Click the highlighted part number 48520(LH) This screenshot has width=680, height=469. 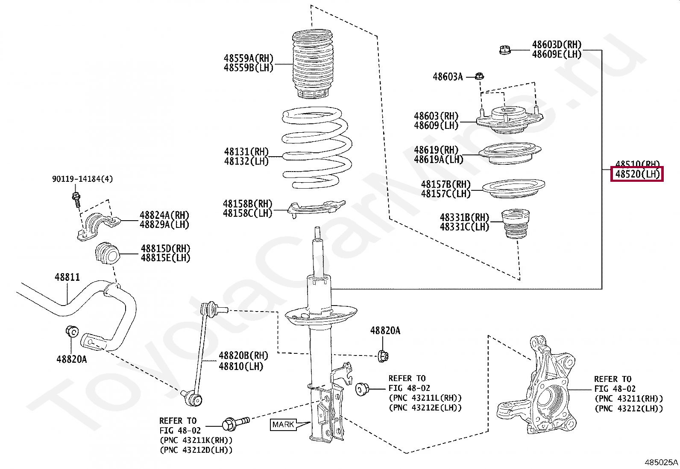tap(637, 174)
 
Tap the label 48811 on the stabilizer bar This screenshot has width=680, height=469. tap(67, 277)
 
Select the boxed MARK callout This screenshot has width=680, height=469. tap(283, 425)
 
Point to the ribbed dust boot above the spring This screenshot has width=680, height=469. tap(313, 64)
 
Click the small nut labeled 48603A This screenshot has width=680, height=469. tap(479, 77)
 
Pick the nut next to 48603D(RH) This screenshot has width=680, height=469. tap(505, 50)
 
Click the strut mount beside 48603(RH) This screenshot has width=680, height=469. tap(508, 121)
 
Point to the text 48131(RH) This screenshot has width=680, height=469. tap(246, 151)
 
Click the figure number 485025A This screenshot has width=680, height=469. tap(661, 462)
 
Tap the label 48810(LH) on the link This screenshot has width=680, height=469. tap(241, 366)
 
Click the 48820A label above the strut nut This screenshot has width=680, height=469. tap(385, 331)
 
